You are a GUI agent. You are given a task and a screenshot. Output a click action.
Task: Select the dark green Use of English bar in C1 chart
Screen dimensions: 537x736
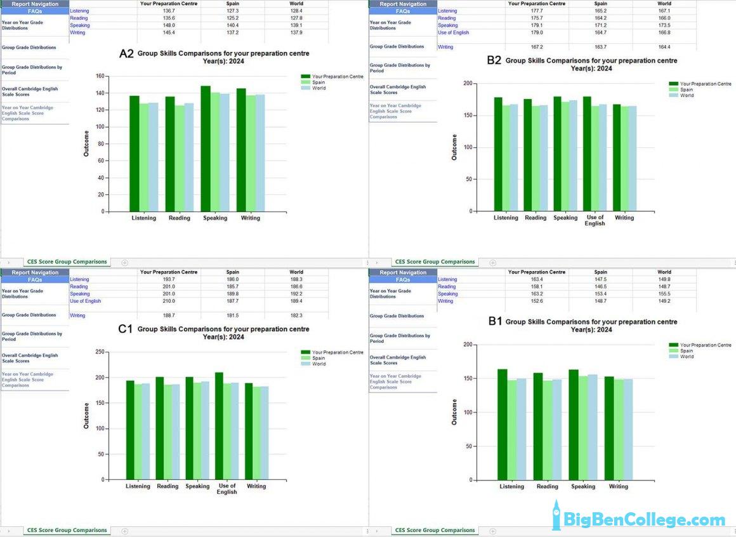pos(219,426)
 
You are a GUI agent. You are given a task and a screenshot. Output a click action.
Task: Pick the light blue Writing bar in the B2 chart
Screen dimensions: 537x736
pos(632,158)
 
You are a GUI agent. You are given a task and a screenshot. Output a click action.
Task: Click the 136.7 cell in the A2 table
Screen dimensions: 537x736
pos(169,11)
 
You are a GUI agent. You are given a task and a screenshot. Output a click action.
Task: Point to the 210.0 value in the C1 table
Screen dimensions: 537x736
pos(169,301)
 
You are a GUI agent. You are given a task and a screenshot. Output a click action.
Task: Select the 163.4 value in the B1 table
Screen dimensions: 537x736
pos(537,279)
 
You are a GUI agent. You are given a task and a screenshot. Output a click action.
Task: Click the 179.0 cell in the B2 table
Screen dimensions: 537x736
pos(537,32)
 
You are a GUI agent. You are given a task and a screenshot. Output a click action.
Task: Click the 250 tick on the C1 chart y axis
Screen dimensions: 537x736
pos(98,352)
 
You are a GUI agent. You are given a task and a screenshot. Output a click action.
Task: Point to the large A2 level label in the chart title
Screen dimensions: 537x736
pos(126,54)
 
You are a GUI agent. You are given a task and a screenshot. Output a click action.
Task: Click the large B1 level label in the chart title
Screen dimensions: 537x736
pos(495,322)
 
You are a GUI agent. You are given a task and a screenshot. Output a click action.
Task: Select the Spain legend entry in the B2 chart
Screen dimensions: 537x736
pos(687,89)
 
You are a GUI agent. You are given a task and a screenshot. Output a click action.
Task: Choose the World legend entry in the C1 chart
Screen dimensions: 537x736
pos(319,364)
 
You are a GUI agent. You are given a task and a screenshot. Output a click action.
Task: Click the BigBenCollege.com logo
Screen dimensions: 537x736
pos(638,519)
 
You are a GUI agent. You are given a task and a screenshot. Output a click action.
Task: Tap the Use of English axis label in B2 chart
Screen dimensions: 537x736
pos(595,220)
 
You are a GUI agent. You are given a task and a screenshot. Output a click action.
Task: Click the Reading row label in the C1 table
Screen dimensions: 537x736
pos(79,286)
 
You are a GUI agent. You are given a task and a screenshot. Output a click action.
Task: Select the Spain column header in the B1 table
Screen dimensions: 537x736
pos(600,272)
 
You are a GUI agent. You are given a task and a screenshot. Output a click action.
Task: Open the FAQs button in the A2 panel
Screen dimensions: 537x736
pos(35,11)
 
